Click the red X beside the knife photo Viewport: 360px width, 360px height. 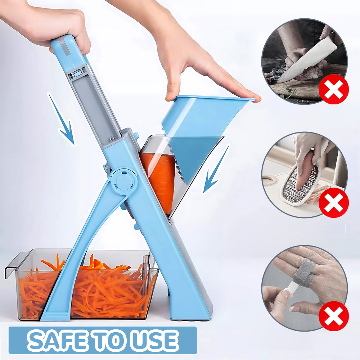334,89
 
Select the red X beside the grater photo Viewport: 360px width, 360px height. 334,202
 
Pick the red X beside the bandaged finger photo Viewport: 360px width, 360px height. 334,316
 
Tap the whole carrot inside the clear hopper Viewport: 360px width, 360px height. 158,180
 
